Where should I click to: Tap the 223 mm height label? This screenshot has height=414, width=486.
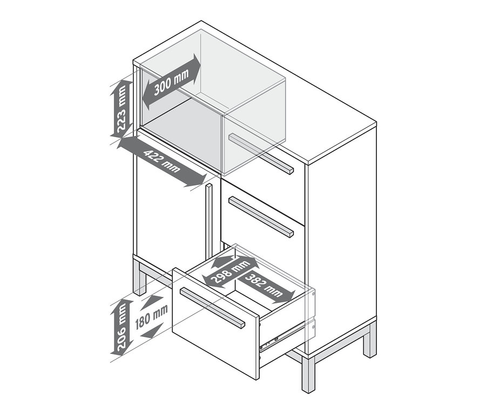[121, 108]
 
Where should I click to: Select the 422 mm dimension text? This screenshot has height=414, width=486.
[162, 161]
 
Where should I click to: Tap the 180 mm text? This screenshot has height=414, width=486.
[152, 316]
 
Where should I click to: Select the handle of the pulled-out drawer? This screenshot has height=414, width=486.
[212, 308]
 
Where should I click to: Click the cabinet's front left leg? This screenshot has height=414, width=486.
[139, 277]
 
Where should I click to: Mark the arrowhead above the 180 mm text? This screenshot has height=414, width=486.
[152, 302]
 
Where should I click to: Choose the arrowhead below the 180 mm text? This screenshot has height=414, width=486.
[152, 331]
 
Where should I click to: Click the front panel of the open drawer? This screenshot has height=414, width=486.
[215, 323]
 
